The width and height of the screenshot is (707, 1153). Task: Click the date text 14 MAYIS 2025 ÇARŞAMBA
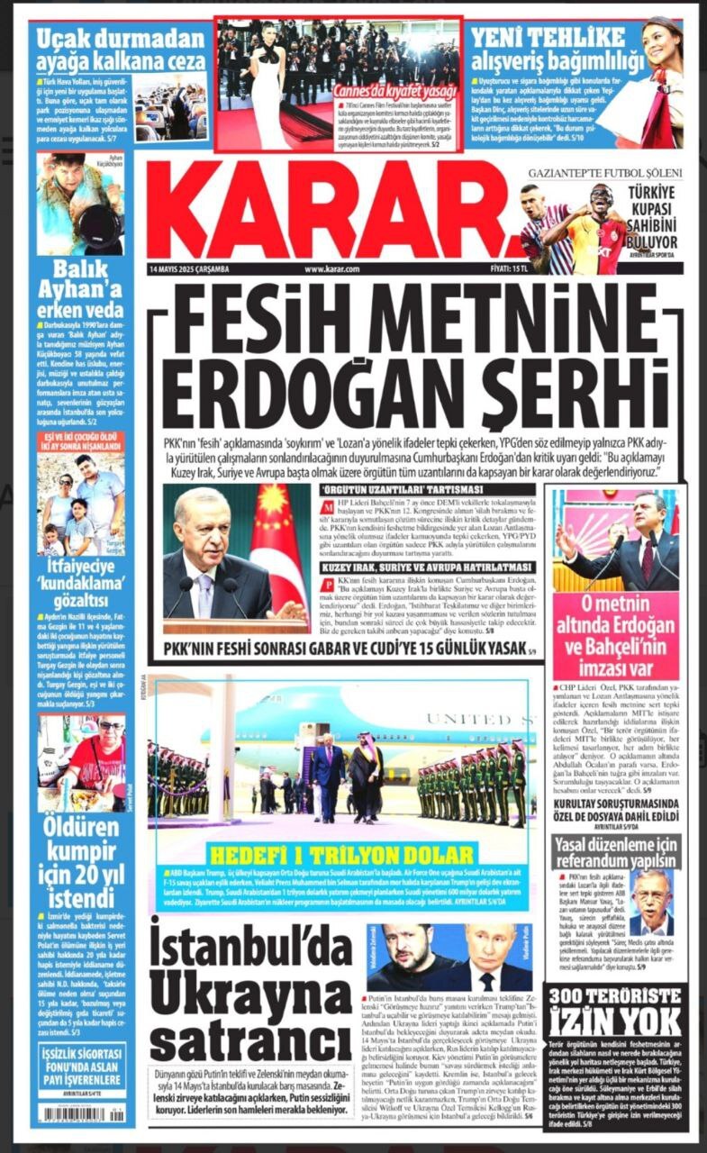click(x=190, y=268)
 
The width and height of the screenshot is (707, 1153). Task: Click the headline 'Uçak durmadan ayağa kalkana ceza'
click(x=121, y=51)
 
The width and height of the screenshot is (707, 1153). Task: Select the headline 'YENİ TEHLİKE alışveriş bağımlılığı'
click(x=559, y=49)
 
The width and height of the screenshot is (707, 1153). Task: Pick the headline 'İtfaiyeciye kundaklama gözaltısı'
click(x=81, y=576)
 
